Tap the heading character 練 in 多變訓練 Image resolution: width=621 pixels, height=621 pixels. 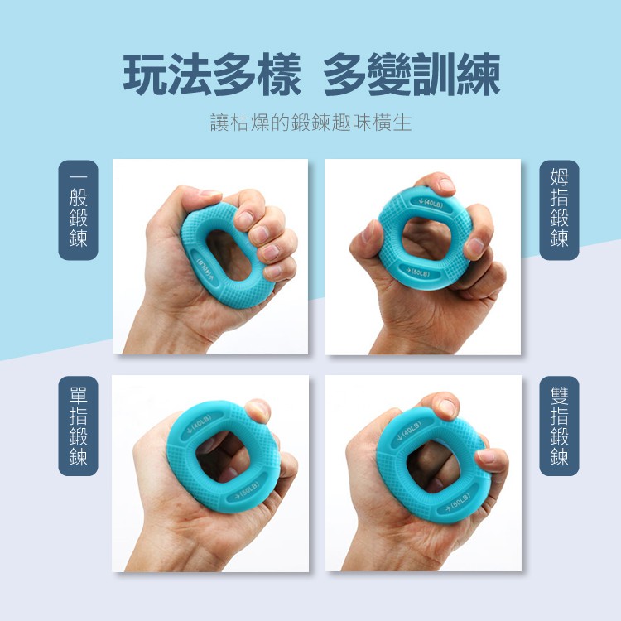(479, 75)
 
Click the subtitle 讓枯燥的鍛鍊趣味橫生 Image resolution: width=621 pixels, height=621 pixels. (310, 123)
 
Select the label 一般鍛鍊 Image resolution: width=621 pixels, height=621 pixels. (78, 210)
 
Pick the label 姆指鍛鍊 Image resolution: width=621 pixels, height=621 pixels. (559, 210)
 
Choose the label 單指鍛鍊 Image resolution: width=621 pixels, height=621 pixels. (78, 426)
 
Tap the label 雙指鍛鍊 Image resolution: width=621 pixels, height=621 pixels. (559, 426)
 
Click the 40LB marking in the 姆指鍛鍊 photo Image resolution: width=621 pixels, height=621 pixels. (431, 203)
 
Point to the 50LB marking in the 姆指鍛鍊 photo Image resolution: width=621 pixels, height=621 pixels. (418, 272)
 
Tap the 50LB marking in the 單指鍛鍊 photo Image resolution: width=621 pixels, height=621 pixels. (247, 491)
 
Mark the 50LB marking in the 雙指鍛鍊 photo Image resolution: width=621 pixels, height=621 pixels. (457, 502)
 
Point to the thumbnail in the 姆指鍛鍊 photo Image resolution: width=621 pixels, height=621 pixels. (446, 185)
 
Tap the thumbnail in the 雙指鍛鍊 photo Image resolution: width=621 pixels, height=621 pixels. (448, 407)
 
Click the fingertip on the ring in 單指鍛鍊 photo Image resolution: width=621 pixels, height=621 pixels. (258, 411)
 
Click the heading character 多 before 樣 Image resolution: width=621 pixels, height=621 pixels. (234, 75)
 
